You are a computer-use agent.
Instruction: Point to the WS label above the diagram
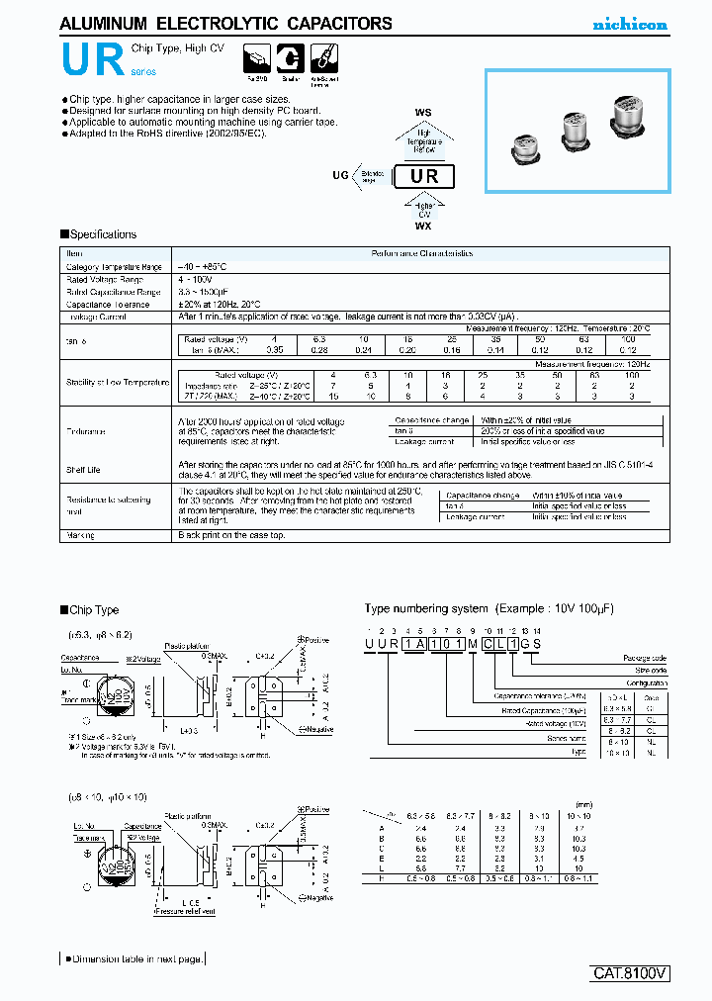[x=423, y=114]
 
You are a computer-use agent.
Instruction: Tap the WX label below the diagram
[x=423, y=226]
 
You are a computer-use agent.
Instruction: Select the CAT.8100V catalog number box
[x=631, y=973]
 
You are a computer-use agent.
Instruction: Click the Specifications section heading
[x=98, y=234]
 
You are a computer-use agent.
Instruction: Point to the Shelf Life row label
[x=84, y=470]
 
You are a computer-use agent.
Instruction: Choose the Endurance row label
[x=86, y=432]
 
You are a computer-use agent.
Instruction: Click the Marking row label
[x=80, y=534]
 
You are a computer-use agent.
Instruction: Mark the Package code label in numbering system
[x=645, y=658]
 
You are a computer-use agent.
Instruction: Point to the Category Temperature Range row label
[x=114, y=267]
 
